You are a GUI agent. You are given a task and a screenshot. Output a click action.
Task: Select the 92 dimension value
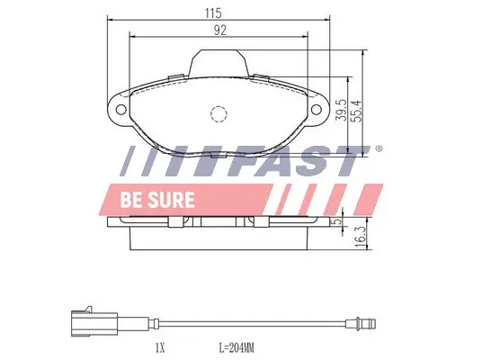coord(219,29)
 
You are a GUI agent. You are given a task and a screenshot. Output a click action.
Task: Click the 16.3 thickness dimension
coord(360,237)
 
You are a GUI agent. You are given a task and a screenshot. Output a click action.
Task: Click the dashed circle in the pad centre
coord(219,113)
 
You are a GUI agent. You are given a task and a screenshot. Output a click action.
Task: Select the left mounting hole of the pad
coord(119,108)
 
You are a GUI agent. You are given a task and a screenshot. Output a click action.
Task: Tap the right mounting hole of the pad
coord(318,108)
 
